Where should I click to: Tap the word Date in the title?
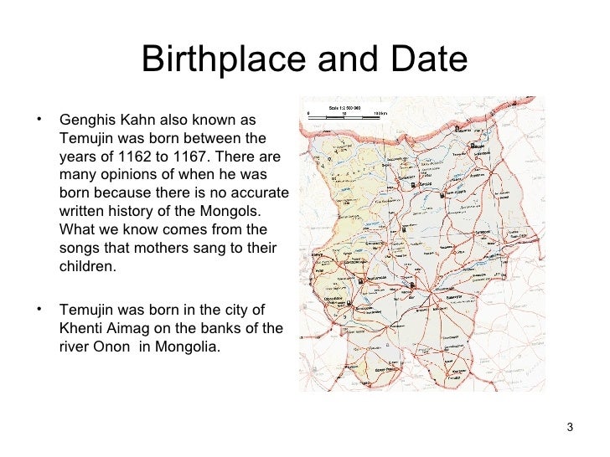(x=426, y=59)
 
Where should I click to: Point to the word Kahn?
(x=137, y=119)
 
